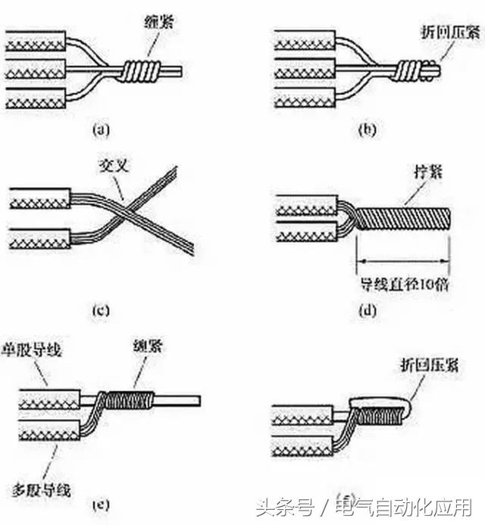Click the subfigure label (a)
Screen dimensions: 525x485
pyautogui.click(x=101, y=130)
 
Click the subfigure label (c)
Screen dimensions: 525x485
pyautogui.click(x=99, y=309)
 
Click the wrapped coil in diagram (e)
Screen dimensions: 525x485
pyautogui.click(x=129, y=399)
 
